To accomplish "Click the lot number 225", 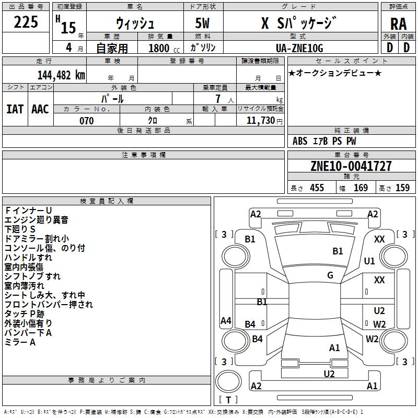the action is point(26,22).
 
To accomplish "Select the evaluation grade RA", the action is point(398,24).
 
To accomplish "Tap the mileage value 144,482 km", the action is point(61,75).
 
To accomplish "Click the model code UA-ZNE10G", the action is point(299,48).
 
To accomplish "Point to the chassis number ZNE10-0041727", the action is point(351,166).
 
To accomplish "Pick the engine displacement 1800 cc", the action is point(164,48).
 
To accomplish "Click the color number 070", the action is point(87,121).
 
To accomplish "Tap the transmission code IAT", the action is point(15,109).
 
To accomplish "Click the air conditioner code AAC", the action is point(40,109).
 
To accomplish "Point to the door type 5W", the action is point(202,23).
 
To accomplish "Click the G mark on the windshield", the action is point(330,275).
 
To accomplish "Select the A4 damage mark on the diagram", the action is point(226,320).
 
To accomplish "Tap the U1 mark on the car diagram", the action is point(369,261).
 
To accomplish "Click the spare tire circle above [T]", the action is point(228,381).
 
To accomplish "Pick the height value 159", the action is point(402,188).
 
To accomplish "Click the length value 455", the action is point(317,188).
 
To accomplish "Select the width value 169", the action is point(361,188).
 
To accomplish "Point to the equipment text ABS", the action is point(300,141).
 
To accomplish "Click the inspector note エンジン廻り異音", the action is point(36,220).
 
